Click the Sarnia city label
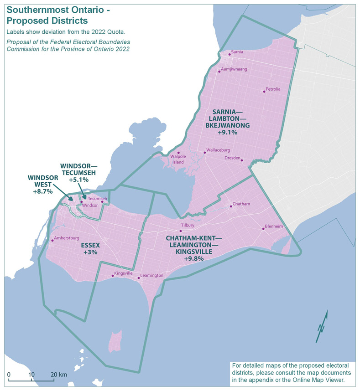pyautogui.click(x=237, y=52)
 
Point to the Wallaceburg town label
pyautogui.click(x=218, y=150)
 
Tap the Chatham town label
pyautogui.click(x=241, y=204)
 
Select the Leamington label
pyautogui.click(x=152, y=276)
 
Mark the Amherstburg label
pyautogui.click(x=67, y=238)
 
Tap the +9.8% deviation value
pyautogui.click(x=193, y=258)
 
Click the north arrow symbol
pyautogui.click(x=322, y=326)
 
